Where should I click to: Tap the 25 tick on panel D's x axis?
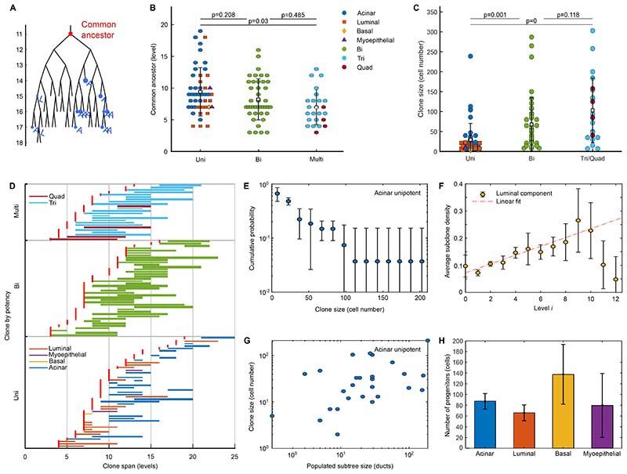tap(233, 454)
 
